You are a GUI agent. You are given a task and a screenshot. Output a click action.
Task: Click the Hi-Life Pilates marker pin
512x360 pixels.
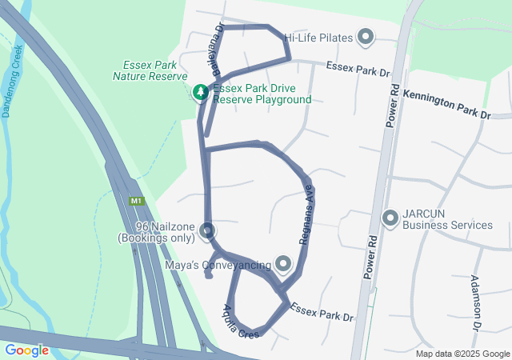coord(366,36)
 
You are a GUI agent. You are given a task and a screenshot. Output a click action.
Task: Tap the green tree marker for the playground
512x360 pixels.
coord(199,92)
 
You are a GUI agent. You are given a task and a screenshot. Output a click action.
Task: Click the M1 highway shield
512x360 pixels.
coord(137,201)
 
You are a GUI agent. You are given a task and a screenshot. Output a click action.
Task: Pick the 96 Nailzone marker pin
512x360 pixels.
coord(207,231)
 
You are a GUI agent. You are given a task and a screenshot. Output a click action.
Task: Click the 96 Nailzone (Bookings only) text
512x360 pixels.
coord(157,232)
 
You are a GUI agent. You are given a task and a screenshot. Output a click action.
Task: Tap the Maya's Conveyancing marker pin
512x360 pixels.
coord(283,263)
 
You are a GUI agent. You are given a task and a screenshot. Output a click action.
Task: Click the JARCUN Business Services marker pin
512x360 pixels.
coord(390,217)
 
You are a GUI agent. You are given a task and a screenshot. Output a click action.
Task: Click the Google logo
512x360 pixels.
coord(26,350)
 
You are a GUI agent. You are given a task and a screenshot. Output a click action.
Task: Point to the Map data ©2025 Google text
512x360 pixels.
coord(462,354)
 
